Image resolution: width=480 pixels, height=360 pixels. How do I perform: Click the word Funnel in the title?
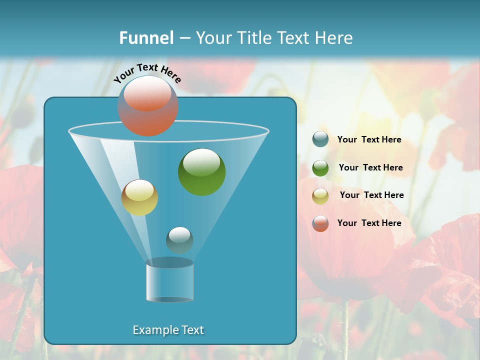[x=146, y=38]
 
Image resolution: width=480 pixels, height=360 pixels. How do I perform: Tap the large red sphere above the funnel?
[x=148, y=106]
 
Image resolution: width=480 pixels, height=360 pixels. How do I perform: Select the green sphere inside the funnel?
[x=201, y=172]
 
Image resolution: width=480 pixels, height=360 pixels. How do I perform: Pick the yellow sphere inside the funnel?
[x=139, y=197]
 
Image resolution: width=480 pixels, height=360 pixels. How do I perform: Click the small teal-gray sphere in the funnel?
[x=179, y=240]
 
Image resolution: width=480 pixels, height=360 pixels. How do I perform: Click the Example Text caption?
[x=168, y=330]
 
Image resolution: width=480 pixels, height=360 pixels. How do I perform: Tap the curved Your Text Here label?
[x=147, y=72]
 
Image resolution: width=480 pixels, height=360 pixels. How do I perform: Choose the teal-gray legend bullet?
[x=320, y=139]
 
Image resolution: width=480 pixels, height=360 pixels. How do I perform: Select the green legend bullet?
[x=320, y=167]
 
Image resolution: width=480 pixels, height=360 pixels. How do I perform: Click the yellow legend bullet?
[x=320, y=195]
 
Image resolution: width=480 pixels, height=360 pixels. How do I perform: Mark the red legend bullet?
[x=320, y=223]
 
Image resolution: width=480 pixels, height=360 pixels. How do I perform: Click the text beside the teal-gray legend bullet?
[x=369, y=140]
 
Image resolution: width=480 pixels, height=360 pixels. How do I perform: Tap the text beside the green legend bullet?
[x=370, y=168]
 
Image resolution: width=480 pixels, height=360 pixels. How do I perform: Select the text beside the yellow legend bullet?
[x=371, y=195]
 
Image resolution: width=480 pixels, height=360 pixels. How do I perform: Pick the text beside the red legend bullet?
[x=369, y=223]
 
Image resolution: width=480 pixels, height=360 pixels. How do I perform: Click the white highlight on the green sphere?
[x=201, y=161]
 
